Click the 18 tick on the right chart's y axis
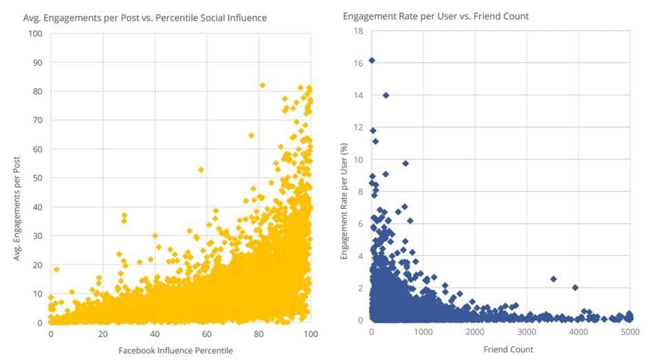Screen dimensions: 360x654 click(358, 31)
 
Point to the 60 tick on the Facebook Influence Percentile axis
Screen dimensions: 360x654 click(207, 334)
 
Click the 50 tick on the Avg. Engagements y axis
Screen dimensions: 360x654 click(37, 178)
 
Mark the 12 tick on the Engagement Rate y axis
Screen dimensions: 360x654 click(358, 127)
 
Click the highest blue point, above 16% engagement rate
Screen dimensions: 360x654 click(372, 61)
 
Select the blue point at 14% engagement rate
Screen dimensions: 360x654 click(386, 96)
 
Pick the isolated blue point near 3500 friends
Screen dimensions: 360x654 click(553, 279)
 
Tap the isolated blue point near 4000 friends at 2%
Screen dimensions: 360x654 click(575, 288)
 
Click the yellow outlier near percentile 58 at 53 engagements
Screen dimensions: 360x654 click(201, 169)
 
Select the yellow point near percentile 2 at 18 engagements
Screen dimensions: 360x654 click(56, 269)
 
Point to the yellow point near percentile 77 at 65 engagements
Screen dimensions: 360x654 click(251, 136)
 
